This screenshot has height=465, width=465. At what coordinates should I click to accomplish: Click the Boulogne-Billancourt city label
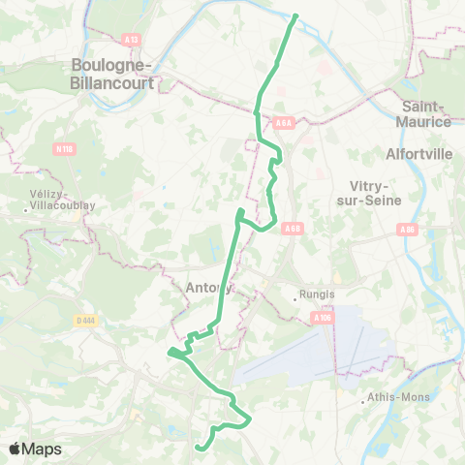pyautogui.click(x=113, y=73)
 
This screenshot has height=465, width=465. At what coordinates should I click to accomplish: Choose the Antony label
pyautogui.click(x=208, y=287)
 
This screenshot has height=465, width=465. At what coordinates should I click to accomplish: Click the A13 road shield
pyautogui.click(x=133, y=39)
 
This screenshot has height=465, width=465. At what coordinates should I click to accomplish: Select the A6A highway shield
pyautogui.click(x=283, y=123)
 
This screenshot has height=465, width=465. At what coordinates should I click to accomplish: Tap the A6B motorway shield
pyautogui.click(x=293, y=229)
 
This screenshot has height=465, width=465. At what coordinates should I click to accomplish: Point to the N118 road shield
pyautogui.click(x=63, y=148)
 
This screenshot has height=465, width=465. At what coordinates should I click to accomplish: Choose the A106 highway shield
pyautogui.click(x=322, y=316)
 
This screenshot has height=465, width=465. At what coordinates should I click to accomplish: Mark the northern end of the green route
pyautogui.click(x=294, y=15)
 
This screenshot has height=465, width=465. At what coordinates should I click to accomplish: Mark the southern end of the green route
pyautogui.click(x=198, y=448)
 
